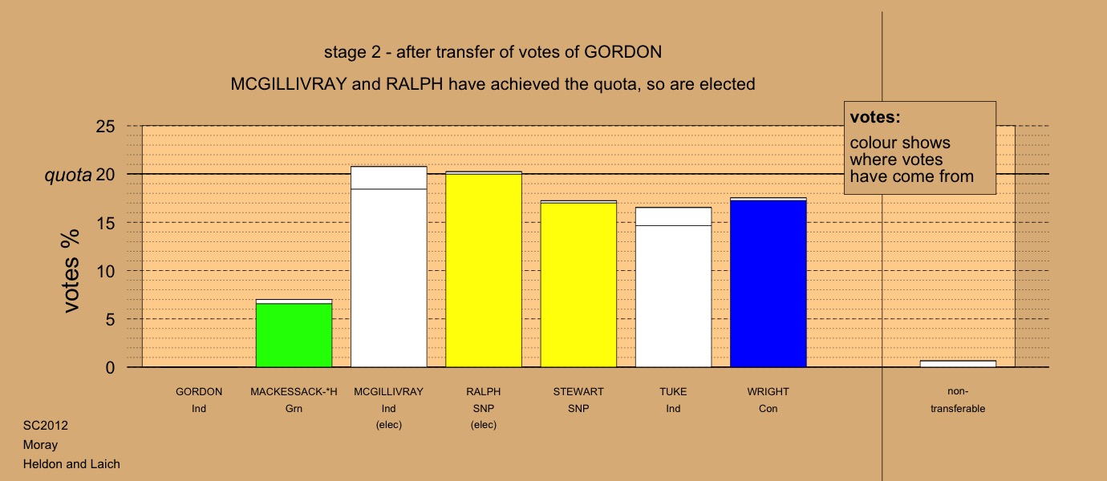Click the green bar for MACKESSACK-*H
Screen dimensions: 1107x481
coord(294,333)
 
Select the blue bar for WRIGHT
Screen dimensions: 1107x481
coord(768,282)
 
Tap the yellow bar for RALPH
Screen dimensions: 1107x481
coord(484,269)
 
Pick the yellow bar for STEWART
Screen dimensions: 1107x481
coord(578,284)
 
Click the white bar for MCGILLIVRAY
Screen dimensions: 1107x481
coord(388,267)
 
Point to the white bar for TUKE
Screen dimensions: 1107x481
coord(673,287)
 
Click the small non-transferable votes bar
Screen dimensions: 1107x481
coord(958,364)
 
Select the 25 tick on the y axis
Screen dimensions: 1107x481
coord(105,127)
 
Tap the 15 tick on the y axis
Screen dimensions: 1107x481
coord(105,223)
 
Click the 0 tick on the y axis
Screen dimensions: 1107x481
coord(110,368)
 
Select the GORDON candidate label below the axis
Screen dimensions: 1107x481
coord(199,392)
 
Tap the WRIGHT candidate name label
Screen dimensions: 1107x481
coord(768,392)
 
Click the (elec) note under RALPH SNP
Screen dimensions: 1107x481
coord(484,425)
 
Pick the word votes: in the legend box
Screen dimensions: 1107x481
coord(875,117)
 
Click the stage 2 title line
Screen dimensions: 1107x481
coord(493,52)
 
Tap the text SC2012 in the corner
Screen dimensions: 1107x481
coord(46,426)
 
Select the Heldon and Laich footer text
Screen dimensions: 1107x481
coord(71,464)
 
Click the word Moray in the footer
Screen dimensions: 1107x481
coord(40,445)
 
